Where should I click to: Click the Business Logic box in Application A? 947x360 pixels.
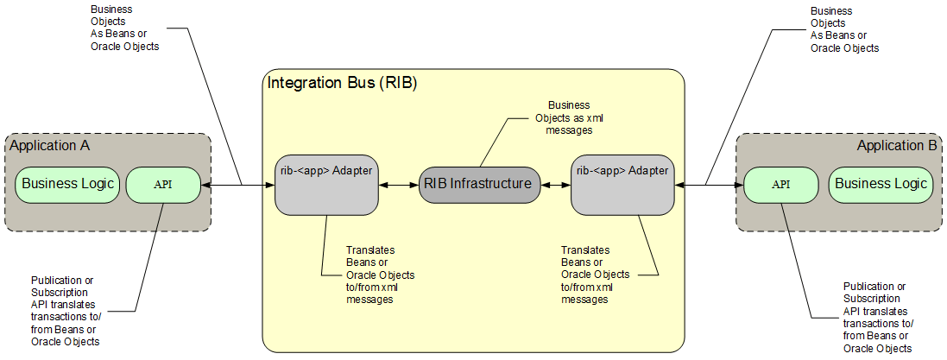point(67,184)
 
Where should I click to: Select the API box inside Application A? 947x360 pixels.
point(163,184)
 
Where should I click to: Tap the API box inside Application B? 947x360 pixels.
point(780,184)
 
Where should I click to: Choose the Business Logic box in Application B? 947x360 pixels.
point(881,184)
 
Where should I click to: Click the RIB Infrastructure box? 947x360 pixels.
point(480,184)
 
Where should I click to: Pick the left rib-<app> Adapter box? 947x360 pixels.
point(327,184)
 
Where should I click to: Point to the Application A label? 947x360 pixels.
point(49,145)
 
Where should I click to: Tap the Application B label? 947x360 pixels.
point(896,145)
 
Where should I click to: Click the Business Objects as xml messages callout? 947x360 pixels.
point(568,117)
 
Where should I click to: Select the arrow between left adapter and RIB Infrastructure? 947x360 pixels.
point(399,184)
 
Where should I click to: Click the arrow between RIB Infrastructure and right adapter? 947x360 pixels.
point(556,184)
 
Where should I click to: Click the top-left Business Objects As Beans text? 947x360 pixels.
point(124,28)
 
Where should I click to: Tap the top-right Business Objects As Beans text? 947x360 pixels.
point(843,30)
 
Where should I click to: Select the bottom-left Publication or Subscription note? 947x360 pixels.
point(65,311)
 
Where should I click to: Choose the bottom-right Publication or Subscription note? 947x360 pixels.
point(877,317)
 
